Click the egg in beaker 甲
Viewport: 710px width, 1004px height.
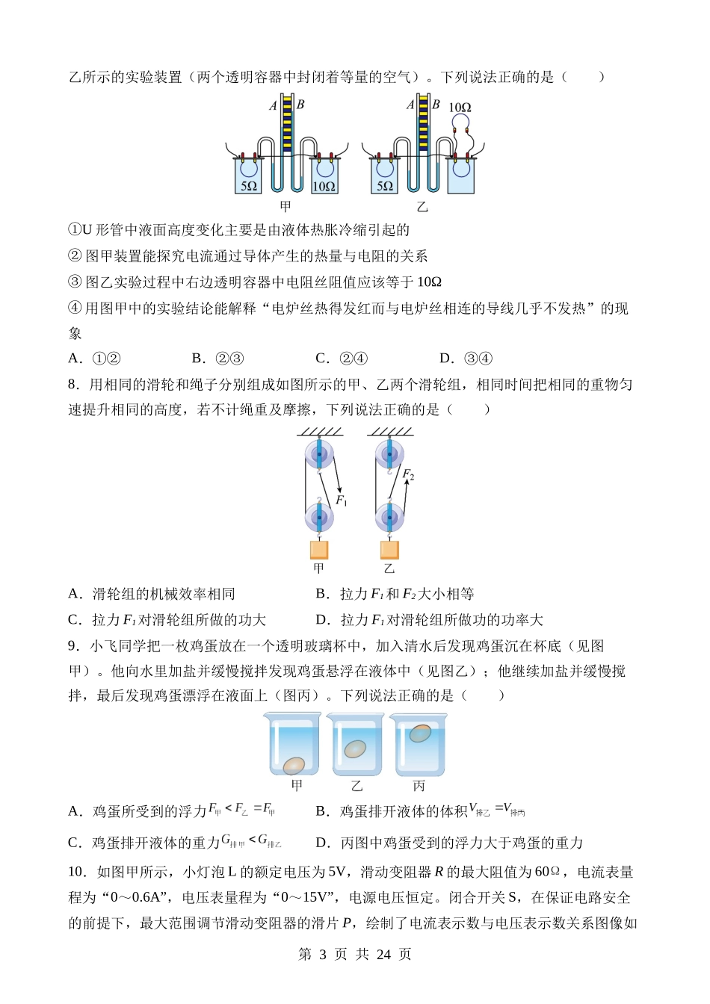tap(294, 765)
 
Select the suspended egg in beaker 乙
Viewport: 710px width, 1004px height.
tap(355, 749)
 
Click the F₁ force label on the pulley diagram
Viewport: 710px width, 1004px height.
tap(342, 501)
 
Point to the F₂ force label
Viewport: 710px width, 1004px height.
tap(408, 474)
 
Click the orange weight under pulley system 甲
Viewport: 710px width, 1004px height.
tap(319, 550)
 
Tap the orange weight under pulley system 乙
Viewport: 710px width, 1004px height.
tap(389, 550)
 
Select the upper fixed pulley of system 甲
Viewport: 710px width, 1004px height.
tap(319, 455)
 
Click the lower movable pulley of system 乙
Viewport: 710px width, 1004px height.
tap(389, 517)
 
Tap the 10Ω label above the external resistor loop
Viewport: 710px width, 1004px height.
tap(460, 108)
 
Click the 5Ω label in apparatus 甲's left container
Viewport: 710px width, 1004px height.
tap(249, 186)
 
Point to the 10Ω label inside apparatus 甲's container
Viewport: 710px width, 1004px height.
tap(324, 186)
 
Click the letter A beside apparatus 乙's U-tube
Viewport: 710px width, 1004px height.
tap(410, 105)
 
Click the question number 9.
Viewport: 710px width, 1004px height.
tap(74, 646)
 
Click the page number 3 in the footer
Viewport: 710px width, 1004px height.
tap(323, 954)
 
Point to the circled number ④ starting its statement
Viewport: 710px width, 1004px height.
tap(75, 308)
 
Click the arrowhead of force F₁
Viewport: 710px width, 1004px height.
tap(337, 489)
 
